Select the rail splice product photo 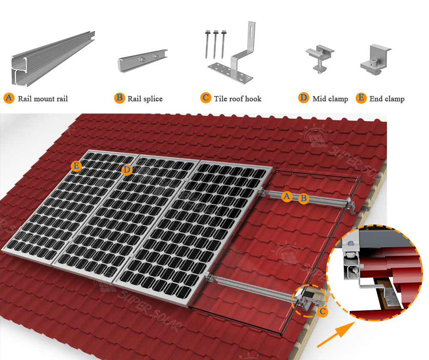point(142,61)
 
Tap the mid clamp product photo point(320,59)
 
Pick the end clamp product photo point(375,60)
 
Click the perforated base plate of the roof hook point(230,72)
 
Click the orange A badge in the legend point(9,98)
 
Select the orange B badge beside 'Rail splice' point(120,98)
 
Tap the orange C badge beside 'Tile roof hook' point(206,98)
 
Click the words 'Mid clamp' point(330,99)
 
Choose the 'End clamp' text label point(387,99)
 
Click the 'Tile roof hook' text point(238,99)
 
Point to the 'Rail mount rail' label point(43,99)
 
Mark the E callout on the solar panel point(76,166)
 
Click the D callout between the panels point(127,170)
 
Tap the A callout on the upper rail point(287,196)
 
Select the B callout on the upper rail point(303,198)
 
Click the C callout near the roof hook point(323,311)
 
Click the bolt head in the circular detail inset point(350,243)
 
